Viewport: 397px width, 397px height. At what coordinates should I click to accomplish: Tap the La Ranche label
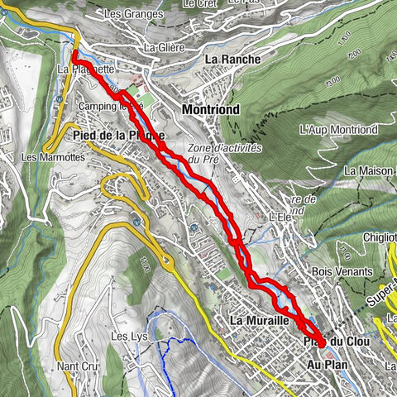232,60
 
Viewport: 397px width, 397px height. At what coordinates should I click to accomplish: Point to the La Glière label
162,46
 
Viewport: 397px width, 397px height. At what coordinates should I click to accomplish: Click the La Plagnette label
86,70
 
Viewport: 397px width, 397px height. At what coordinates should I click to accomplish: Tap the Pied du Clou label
325,342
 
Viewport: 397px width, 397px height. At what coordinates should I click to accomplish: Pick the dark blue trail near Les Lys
172,356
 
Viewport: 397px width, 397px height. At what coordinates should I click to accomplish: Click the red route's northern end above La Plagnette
74,55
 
